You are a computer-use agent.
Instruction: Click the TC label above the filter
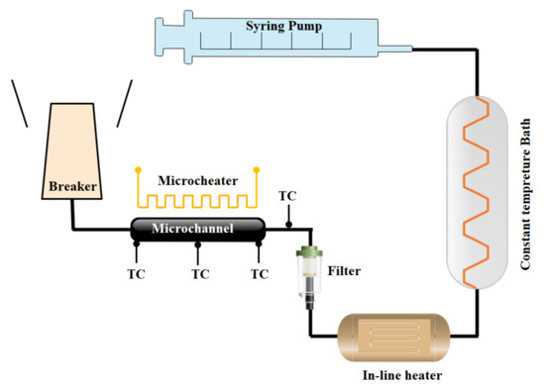click(x=287, y=195)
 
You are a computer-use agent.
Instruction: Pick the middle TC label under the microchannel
click(x=199, y=272)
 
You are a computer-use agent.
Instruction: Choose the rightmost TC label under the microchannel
click(x=260, y=272)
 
